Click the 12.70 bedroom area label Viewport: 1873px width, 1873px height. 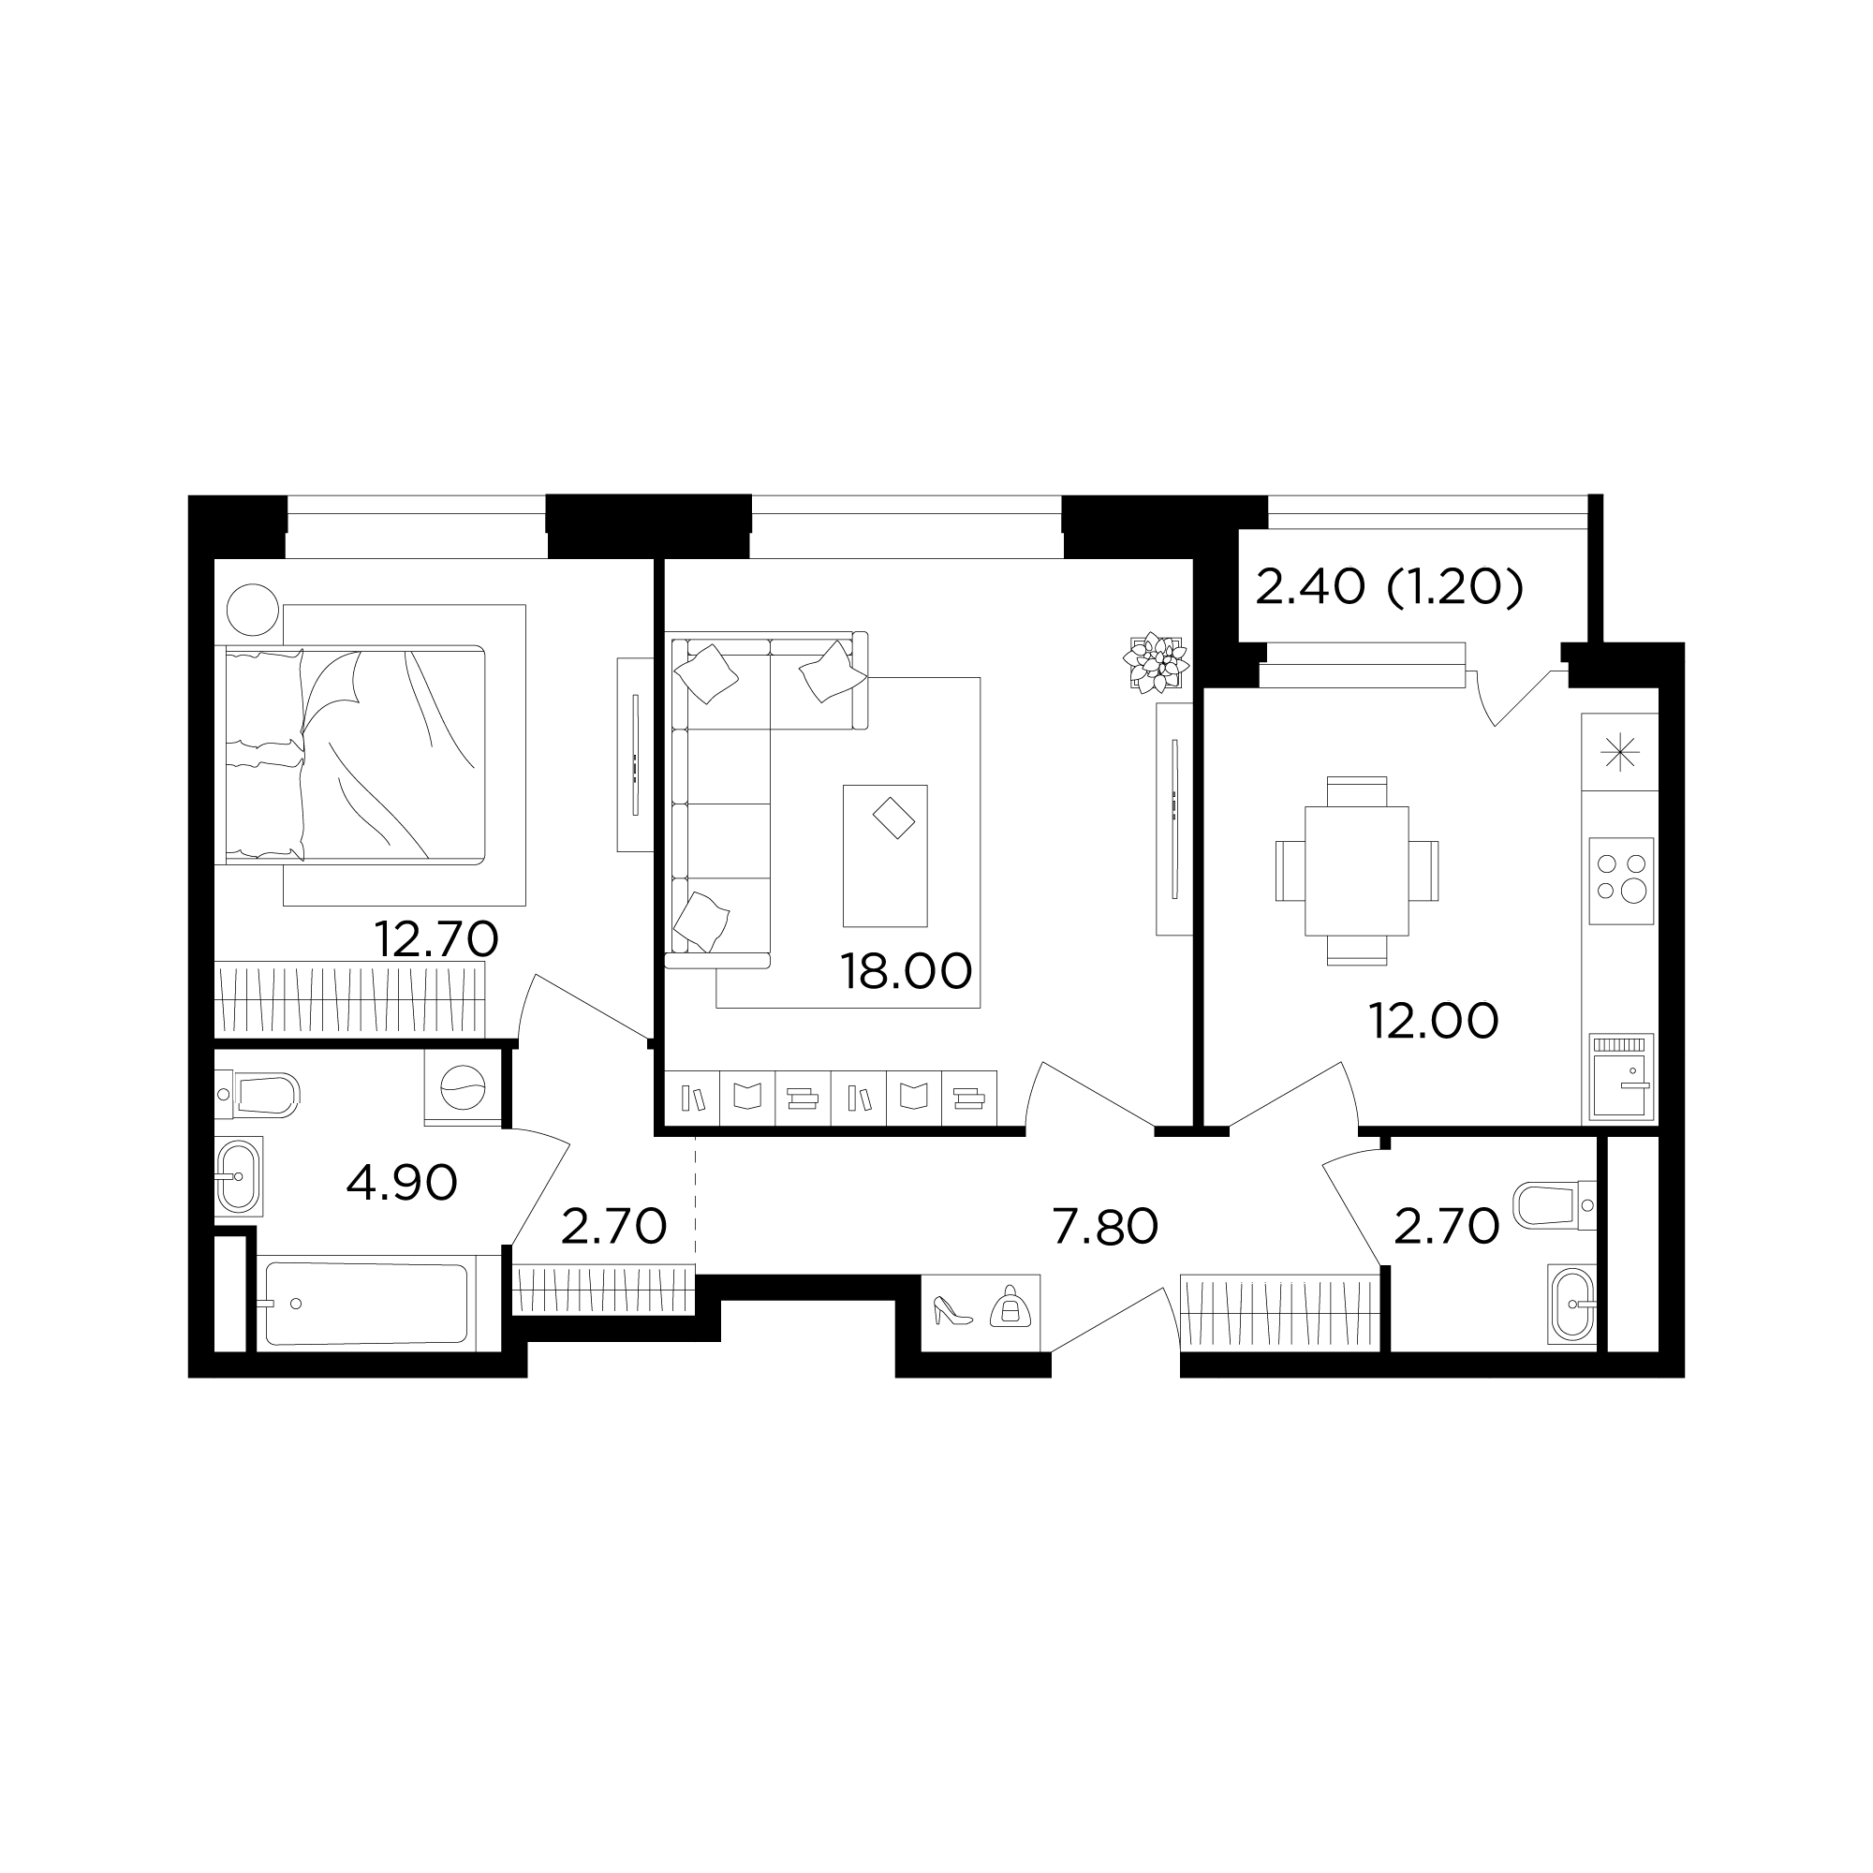pyautogui.click(x=436, y=938)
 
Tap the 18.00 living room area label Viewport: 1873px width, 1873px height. pyautogui.click(x=907, y=971)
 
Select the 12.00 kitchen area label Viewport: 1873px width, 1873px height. pyautogui.click(x=1433, y=1021)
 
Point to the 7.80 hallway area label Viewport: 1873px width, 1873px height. pyautogui.click(x=1105, y=1228)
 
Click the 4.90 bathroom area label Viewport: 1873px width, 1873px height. pyautogui.click(x=402, y=1184)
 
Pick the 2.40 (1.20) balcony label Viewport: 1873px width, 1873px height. pyautogui.click(x=1389, y=586)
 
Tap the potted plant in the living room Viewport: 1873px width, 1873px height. pyautogui.click(x=1157, y=662)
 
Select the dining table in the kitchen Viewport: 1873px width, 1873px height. pyautogui.click(x=1356, y=871)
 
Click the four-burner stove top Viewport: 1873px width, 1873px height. pyautogui.click(x=1621, y=880)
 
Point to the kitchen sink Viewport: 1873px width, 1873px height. pyautogui.click(x=1621, y=1077)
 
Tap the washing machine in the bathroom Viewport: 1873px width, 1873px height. pyautogui.click(x=463, y=1089)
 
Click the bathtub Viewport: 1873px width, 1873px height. pyautogui.click(x=366, y=1303)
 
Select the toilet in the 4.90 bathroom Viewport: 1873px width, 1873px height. pyautogui.click(x=258, y=1095)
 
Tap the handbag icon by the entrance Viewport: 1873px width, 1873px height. pyautogui.click(x=1010, y=1307)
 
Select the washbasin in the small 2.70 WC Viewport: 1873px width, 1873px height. pyautogui.click(x=1571, y=1305)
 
